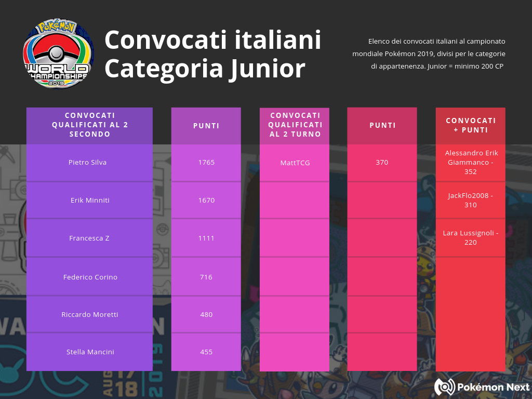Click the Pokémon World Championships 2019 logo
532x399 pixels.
(x=58, y=54)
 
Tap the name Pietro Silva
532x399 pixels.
(x=87, y=162)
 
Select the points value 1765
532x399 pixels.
(x=206, y=162)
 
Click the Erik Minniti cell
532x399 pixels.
(x=90, y=200)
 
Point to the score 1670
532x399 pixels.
(x=206, y=200)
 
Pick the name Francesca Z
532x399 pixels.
(x=89, y=238)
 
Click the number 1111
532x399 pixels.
(x=206, y=238)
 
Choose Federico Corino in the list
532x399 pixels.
(x=90, y=277)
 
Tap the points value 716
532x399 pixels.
(x=206, y=277)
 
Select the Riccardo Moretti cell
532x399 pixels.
(x=90, y=314)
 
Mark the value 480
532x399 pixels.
(x=206, y=314)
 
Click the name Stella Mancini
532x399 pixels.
(x=90, y=352)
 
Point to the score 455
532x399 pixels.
(x=206, y=352)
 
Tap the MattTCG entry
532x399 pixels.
(x=295, y=163)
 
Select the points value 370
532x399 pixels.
(x=382, y=162)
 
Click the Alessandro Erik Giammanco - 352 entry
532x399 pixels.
(x=471, y=162)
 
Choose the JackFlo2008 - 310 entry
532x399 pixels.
(x=471, y=200)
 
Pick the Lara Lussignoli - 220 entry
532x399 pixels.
(x=471, y=237)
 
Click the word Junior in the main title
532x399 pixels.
(x=267, y=69)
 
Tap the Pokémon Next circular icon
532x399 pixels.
(x=445, y=387)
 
